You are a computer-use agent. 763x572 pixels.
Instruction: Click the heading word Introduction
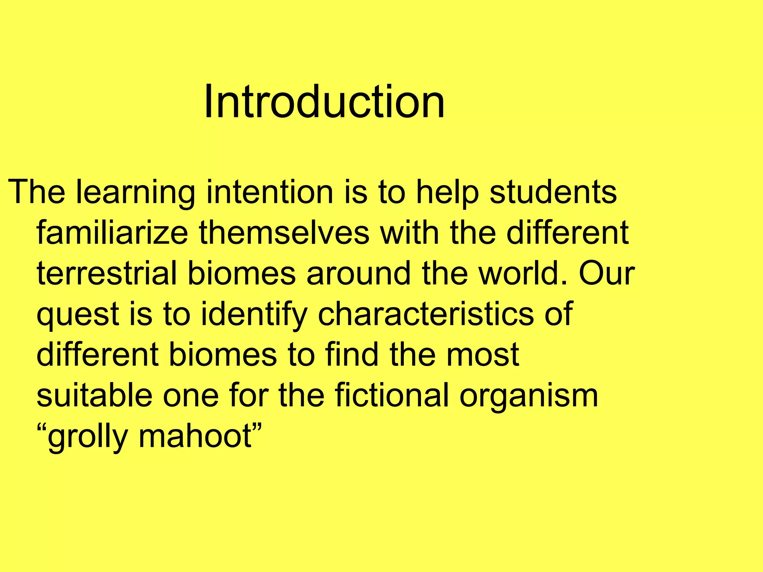[x=324, y=101]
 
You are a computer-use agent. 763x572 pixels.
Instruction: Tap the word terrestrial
[x=107, y=273]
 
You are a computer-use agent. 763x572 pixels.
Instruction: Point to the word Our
[x=607, y=273]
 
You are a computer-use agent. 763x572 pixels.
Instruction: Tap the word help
[x=447, y=193]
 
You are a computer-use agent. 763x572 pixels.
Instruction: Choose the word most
[x=482, y=355]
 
